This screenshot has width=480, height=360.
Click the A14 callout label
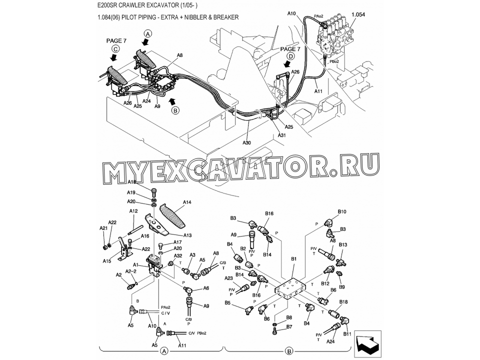(187, 202)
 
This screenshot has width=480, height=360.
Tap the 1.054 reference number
(358, 15)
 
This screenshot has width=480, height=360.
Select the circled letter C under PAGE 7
(115, 48)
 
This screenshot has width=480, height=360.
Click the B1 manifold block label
(294, 259)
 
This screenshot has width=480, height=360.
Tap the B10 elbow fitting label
(342, 212)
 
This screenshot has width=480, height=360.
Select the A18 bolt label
(131, 182)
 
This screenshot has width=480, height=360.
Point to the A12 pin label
(133, 211)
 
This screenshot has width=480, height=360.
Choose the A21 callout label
(103, 228)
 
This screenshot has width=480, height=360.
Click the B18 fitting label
(343, 302)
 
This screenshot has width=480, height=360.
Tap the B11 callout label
(347, 333)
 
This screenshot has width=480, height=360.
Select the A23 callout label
(228, 278)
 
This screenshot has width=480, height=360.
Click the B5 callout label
(227, 302)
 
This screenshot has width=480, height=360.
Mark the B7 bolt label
(289, 327)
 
